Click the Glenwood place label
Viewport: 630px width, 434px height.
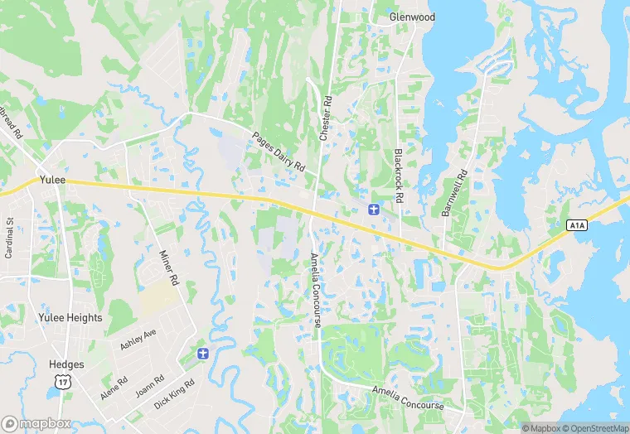(x=412, y=17)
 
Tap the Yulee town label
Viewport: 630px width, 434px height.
(x=51, y=180)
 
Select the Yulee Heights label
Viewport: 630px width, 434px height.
(x=70, y=318)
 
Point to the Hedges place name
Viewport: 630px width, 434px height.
(x=66, y=364)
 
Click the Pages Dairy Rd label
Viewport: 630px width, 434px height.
(x=279, y=152)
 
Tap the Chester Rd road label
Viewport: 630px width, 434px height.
(x=326, y=117)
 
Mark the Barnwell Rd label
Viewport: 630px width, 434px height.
(x=455, y=194)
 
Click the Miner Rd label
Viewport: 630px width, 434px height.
(x=168, y=267)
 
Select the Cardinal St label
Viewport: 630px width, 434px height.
(x=10, y=239)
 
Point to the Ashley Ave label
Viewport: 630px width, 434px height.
(x=138, y=339)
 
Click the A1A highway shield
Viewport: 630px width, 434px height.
(x=577, y=225)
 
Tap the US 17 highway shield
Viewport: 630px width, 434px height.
(x=61, y=380)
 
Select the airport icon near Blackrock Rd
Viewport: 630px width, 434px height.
(x=373, y=209)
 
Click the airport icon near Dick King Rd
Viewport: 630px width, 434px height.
(x=201, y=354)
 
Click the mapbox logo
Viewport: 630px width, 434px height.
(x=36, y=423)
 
